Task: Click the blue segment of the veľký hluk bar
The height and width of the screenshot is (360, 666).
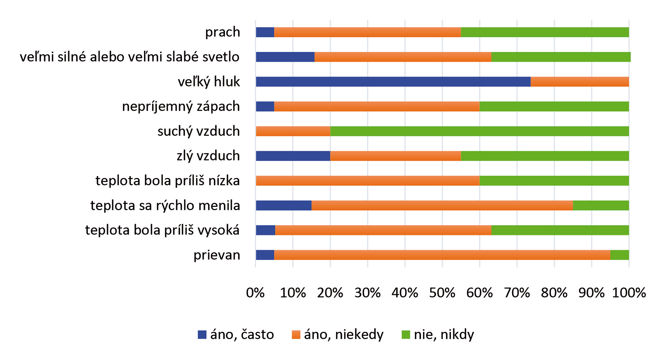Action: [x=393, y=82]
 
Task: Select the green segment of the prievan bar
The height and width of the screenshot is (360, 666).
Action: [x=619, y=255]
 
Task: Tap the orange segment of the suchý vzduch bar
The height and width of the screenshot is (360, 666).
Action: [x=293, y=131]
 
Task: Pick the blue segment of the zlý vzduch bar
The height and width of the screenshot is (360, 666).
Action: [x=293, y=156]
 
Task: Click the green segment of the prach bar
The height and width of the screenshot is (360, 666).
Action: [x=545, y=32]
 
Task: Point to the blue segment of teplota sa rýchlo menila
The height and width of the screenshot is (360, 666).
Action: [x=283, y=205]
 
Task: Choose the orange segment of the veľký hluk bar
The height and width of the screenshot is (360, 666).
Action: [x=579, y=82]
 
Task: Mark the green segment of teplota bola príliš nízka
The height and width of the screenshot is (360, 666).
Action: [x=554, y=181]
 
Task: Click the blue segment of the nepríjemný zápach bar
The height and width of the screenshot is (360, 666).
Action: [x=265, y=107]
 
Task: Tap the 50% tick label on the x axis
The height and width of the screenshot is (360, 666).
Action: [x=442, y=293]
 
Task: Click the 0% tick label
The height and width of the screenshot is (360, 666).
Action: [x=255, y=293]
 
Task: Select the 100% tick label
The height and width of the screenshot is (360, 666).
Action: [x=629, y=293]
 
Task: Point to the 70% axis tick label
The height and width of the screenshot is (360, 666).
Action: [x=517, y=293]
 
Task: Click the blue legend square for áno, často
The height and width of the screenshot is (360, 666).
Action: [x=202, y=335]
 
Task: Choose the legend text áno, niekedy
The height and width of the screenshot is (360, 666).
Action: [x=343, y=334]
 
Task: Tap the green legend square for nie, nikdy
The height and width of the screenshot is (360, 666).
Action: [x=406, y=335]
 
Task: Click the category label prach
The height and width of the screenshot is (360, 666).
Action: [x=222, y=32]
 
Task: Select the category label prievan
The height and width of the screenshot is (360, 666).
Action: [x=217, y=255]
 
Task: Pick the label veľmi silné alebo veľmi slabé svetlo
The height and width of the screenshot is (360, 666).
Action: [x=129, y=57]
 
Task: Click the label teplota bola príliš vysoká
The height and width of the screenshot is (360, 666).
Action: [x=162, y=230]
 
